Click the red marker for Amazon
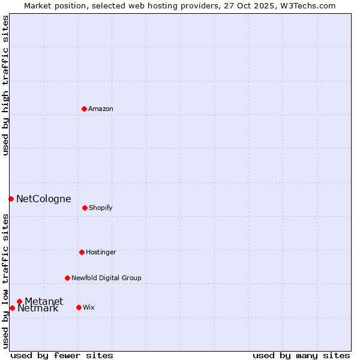[x=85, y=109]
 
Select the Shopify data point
[x=85, y=208]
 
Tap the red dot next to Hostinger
[x=82, y=252]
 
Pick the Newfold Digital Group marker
[x=67, y=278]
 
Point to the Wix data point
[x=79, y=307]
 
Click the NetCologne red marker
[x=11, y=199]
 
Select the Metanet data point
[x=20, y=301]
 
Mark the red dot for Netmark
[x=12, y=308]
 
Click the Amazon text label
[x=101, y=109]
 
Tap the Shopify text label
[x=101, y=208]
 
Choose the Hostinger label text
[x=101, y=252]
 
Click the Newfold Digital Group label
[x=106, y=278]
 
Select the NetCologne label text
[x=44, y=199]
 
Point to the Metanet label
[x=44, y=301]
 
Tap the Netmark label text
[x=38, y=308]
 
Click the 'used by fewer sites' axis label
[x=62, y=356]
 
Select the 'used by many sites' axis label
[x=301, y=356]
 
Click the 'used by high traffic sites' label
[x=6, y=85]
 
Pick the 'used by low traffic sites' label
[x=6, y=280]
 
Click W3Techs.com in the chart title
[x=307, y=6]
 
